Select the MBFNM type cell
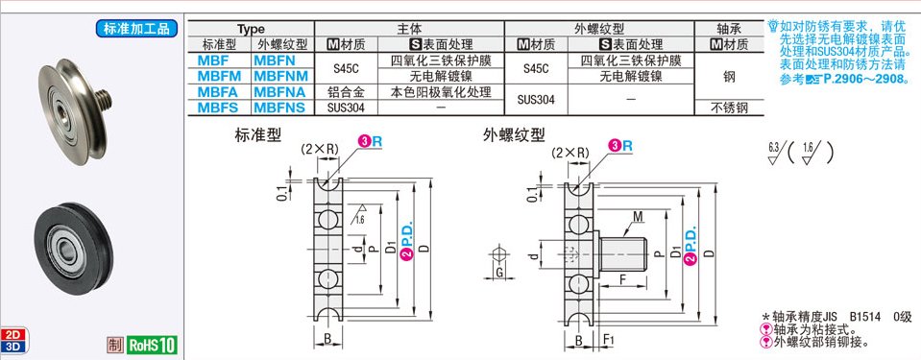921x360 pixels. tap(279, 75)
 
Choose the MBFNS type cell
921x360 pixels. tap(279, 108)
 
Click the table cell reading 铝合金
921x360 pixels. tap(344, 91)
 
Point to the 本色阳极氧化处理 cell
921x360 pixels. tap(441, 91)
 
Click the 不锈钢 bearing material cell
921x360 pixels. tap(728, 108)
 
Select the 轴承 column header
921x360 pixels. tap(728, 28)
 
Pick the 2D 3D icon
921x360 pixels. tap(14, 339)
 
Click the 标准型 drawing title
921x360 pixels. tap(257, 135)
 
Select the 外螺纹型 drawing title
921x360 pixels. tap(514, 135)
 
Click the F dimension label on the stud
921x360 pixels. tap(623, 279)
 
